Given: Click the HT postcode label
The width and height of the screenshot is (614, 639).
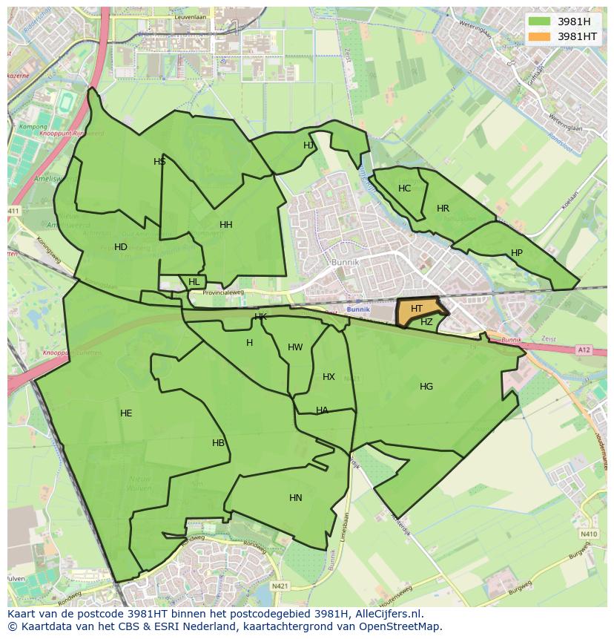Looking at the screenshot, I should (417, 309).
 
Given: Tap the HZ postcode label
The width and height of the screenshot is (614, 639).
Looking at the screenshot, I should (426, 322).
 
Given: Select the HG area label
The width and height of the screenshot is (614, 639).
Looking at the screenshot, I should (426, 387).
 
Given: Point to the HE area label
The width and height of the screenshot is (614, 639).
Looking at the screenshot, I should (126, 413).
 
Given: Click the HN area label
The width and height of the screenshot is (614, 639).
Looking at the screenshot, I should (296, 498).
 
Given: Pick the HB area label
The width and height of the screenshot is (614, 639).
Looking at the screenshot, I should (218, 443).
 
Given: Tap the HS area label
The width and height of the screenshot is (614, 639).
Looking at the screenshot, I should (159, 162).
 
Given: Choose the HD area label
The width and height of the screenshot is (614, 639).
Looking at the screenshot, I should (121, 247).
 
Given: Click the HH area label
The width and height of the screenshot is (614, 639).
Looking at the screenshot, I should (226, 225).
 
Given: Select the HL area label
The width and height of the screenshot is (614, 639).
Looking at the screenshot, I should (194, 282).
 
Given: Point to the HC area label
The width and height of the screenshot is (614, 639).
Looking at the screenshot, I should (404, 189).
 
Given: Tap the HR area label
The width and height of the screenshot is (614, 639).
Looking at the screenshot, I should (443, 209).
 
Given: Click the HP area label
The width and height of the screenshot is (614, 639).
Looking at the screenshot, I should (517, 253).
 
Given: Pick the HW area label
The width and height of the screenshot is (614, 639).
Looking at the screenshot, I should (295, 347).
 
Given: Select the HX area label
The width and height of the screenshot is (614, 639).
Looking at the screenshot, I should (329, 377).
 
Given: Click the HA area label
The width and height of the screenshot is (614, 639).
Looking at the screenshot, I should (322, 410).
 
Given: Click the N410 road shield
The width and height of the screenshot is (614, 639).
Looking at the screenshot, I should (589, 534).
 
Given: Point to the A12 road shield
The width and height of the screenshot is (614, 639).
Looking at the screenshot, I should (584, 349).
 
